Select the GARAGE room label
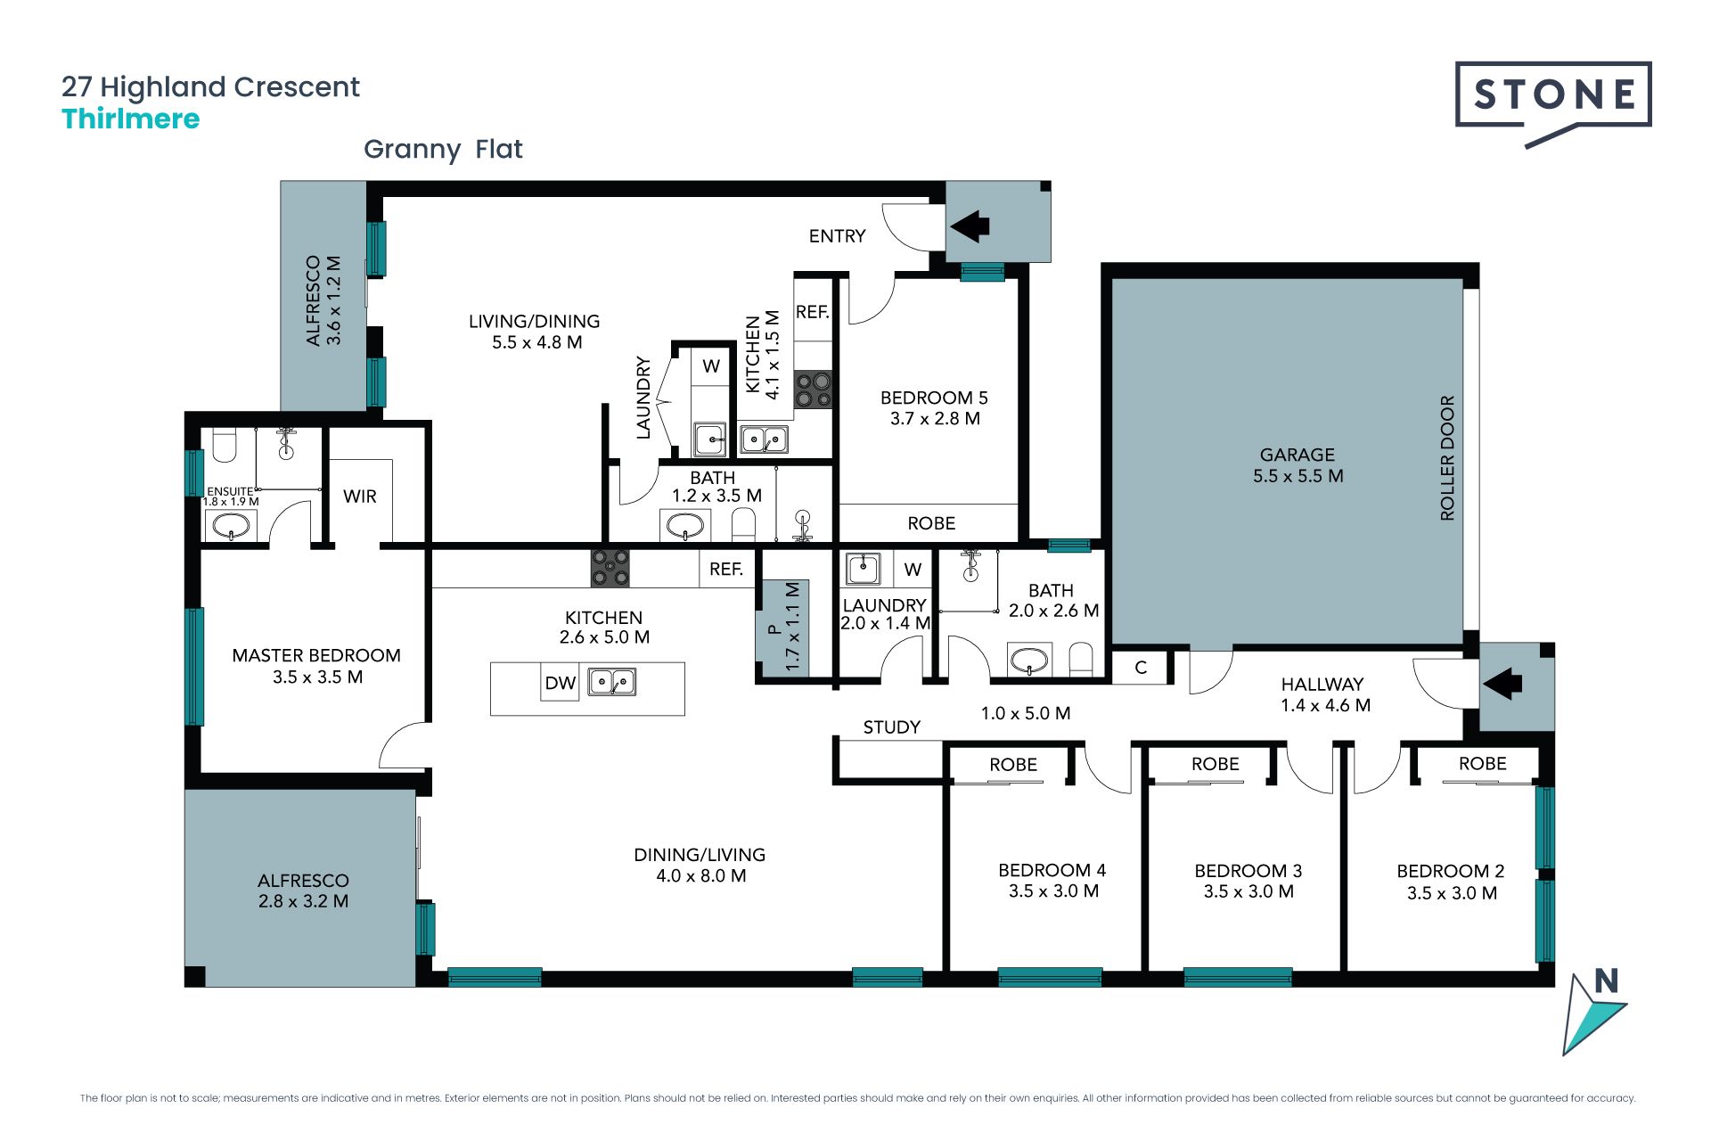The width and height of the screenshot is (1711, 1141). [x=1298, y=455]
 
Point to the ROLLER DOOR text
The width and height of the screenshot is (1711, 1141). [x=1447, y=458]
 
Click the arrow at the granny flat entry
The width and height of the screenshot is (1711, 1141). [x=970, y=226]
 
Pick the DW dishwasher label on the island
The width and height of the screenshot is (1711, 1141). [x=560, y=684]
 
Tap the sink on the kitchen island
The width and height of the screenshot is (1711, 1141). [x=611, y=682]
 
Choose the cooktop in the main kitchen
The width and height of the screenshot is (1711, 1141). [x=610, y=568]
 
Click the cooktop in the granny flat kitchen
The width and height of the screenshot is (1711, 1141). [x=813, y=390]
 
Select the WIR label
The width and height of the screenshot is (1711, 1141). [x=360, y=497]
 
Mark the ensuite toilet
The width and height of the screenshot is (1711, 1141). [x=225, y=445]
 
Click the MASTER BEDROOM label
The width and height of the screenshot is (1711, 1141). [x=316, y=656]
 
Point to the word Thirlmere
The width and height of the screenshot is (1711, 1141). [x=131, y=119]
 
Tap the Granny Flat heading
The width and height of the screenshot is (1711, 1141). [x=443, y=149]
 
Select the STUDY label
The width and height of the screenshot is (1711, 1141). [x=892, y=727]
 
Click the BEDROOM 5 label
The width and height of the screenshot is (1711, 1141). [x=934, y=398]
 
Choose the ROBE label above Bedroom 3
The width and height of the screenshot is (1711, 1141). [x=1216, y=764]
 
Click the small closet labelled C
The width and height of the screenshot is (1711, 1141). [x=1141, y=668]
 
